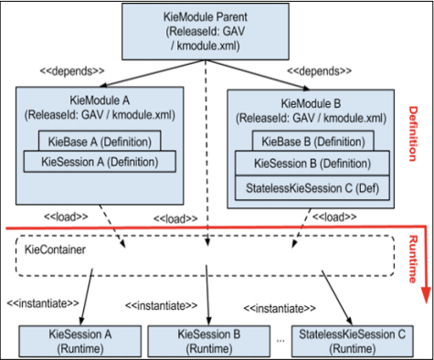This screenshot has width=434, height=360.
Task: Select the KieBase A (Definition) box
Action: [97, 142]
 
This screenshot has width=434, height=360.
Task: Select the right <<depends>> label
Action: [318, 69]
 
